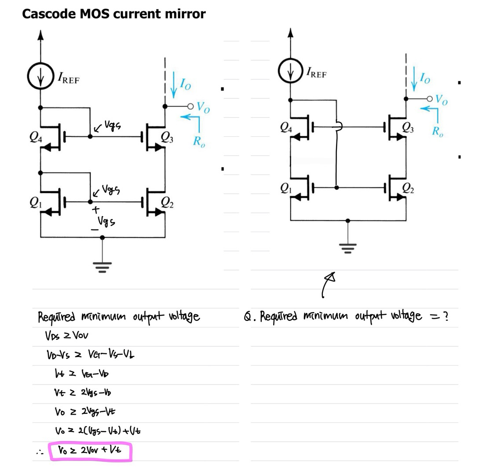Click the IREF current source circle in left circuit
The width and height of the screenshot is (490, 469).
click(40, 78)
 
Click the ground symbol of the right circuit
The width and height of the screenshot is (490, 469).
click(348, 249)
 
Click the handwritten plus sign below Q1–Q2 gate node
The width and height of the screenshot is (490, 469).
click(94, 211)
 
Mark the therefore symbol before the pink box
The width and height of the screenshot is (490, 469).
click(38, 452)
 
